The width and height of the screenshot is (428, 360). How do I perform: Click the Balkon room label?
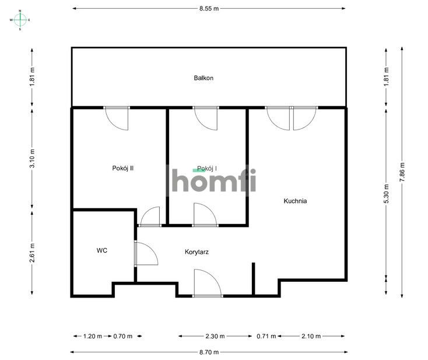tap(204, 78)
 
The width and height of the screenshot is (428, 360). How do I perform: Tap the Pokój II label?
tap(123, 168)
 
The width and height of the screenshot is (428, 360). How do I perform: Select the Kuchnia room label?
tap(295, 201)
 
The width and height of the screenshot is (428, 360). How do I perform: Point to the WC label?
tap(102, 250)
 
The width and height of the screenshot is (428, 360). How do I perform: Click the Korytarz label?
tap(197, 253)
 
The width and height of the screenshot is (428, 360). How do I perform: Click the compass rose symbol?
tap(20, 19)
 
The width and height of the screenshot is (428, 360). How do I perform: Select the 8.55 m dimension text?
tap(209, 9)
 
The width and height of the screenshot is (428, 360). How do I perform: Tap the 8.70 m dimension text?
tap(209, 352)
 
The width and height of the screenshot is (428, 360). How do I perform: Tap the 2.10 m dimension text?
tap(312, 336)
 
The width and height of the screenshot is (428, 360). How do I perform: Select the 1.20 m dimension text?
tap(92, 336)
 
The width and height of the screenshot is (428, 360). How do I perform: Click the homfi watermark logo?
tap(212, 179)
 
